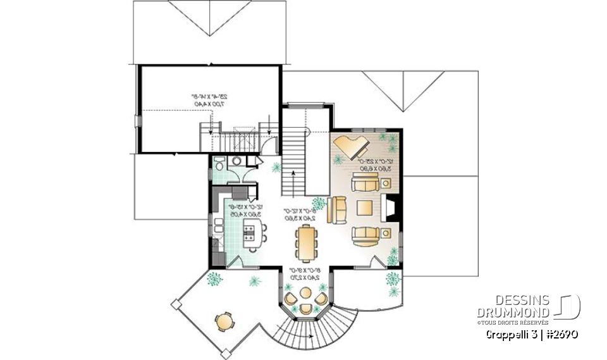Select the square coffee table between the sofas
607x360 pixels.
[364, 208]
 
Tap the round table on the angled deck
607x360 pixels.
[224, 321]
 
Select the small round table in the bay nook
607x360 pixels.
[306, 294]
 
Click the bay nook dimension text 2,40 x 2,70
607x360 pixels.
[305, 276]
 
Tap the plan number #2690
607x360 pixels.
[561, 333]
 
